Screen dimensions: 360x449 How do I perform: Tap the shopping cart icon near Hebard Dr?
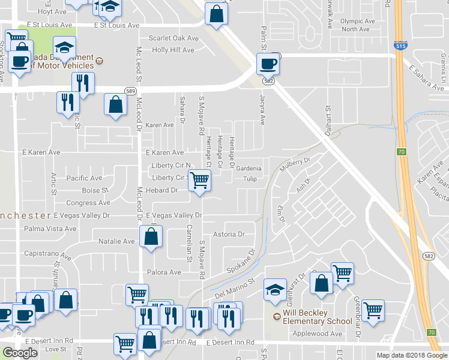199,179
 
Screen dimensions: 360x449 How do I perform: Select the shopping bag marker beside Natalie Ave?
151,236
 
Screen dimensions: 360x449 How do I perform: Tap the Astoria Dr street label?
229,235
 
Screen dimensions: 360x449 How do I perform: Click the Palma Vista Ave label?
50,229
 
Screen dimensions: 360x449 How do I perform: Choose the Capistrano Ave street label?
48,254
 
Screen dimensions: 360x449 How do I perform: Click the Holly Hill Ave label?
175,50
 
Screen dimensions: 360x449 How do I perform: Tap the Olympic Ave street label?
357,21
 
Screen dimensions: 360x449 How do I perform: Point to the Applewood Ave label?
316,334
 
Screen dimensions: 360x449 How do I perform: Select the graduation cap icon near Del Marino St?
275,290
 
